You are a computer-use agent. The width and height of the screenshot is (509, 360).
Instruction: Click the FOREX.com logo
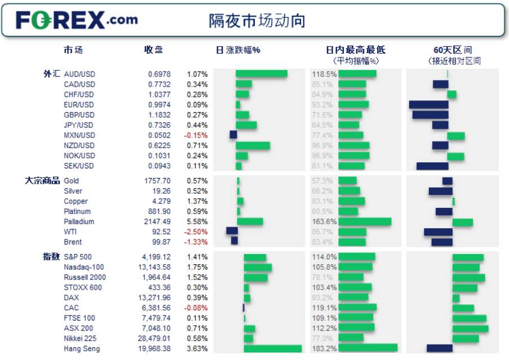[77, 21]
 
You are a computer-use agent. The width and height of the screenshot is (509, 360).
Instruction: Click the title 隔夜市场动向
[257, 21]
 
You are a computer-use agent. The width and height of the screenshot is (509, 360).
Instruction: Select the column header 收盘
[153, 50]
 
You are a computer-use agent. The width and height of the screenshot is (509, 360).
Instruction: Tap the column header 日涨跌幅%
[238, 50]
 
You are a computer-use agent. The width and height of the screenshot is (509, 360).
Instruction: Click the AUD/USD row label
[79, 74]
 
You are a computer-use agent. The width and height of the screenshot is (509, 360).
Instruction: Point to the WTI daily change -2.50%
[197, 232]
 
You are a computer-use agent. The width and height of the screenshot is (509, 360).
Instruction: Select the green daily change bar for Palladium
[250, 221]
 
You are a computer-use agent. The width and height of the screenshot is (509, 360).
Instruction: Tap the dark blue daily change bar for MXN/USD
[233, 135]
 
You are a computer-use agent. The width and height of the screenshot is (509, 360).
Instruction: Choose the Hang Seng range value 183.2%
[324, 348]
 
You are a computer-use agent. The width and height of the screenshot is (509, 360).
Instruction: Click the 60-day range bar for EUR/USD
[428, 104]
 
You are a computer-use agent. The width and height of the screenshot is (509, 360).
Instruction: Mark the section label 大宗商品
[42, 181]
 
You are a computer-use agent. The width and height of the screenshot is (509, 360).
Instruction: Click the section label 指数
[51, 257]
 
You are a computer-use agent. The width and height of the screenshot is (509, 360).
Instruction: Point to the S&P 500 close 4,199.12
[154, 257]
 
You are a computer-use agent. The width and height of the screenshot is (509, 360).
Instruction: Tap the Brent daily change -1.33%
[197, 242]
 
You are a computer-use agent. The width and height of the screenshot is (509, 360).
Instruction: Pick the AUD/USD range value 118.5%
[324, 74]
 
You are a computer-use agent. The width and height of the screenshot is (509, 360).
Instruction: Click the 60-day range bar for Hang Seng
[440, 348]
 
